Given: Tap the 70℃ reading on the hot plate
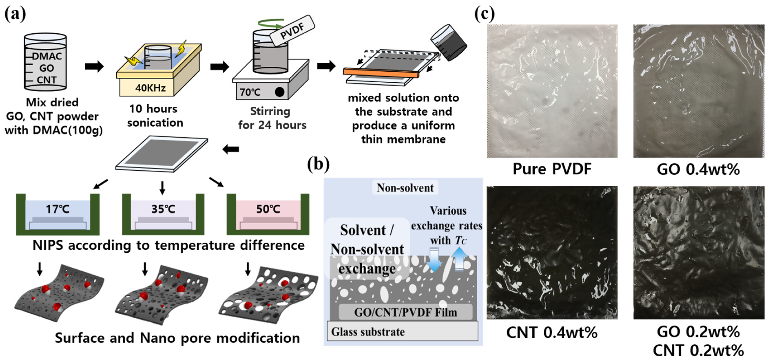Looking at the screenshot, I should point(250,92).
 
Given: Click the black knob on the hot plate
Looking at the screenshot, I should point(279,92).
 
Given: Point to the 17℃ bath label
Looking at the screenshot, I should point(58,209).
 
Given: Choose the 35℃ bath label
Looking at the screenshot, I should point(163,209).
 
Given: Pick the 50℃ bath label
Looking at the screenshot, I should point(268,209).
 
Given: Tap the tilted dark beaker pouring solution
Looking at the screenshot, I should point(449,42).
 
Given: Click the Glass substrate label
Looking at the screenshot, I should point(368,332).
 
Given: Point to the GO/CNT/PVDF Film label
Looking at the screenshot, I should point(405,312).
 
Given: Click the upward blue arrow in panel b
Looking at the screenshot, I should point(459,259).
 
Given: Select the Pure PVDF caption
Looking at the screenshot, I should point(552,169).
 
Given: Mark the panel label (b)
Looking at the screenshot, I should point(318,164).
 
